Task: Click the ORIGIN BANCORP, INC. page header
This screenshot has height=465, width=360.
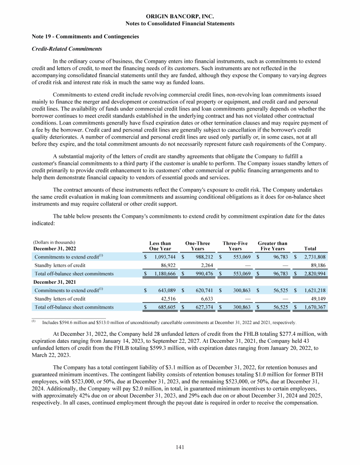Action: pyautogui.click(x=180, y=16)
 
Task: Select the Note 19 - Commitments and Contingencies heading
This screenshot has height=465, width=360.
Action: pyautogui.click(x=79, y=37)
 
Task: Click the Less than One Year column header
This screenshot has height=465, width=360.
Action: pyautogui.click(x=160, y=246)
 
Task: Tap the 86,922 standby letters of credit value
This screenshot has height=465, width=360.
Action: pyautogui.click(x=165, y=265)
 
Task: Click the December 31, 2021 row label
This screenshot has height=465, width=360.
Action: pyautogui.click(x=55, y=282)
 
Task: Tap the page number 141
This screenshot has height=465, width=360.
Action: pyautogui.click(x=180, y=447)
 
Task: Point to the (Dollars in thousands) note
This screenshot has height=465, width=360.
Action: pyautogui.click(x=54, y=243)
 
